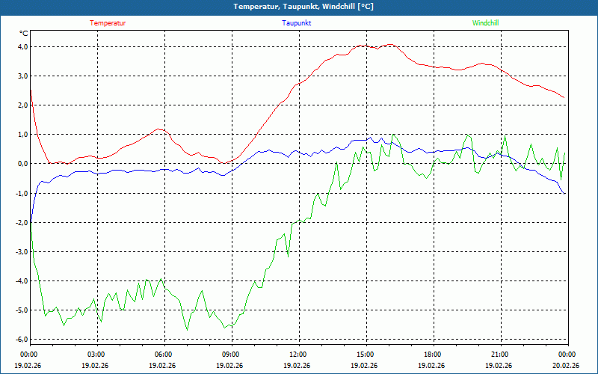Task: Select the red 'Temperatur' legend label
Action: pyautogui.click(x=108, y=23)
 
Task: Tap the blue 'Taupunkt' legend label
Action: pyautogui.click(x=297, y=23)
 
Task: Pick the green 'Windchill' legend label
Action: pyautogui.click(x=486, y=23)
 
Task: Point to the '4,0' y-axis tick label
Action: pyautogui.click(x=22, y=46)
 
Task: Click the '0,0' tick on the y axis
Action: pyautogui.click(x=22, y=164)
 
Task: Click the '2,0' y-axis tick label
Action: pyautogui.click(x=22, y=105)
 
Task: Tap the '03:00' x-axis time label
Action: pyautogui.click(x=96, y=355)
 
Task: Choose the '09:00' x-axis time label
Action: pyautogui.click(x=231, y=355)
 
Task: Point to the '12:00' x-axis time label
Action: pyautogui.click(x=298, y=355)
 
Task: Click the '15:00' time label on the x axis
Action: pyautogui.click(x=366, y=355)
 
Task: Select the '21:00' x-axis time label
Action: pyautogui.click(x=500, y=355)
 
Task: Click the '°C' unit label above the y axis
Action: pyautogui.click(x=24, y=34)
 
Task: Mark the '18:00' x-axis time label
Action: pyautogui.click(x=433, y=355)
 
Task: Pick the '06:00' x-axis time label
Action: pyautogui.click(x=164, y=355)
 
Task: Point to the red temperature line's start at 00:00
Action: pyautogui.click(x=31, y=91)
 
